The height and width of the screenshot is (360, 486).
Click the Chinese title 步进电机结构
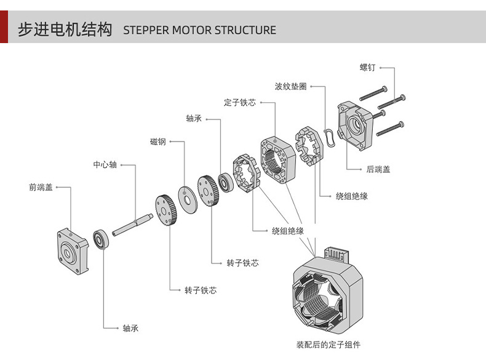[65, 29]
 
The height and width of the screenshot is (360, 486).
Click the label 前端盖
[41, 187]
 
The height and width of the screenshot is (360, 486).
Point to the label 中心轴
[105, 165]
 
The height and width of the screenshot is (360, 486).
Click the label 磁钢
[158, 142]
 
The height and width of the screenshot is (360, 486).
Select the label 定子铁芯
[240, 103]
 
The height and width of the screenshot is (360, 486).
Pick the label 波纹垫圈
[290, 87]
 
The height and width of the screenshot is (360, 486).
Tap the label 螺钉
[367, 67]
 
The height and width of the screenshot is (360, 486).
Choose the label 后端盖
[378, 169]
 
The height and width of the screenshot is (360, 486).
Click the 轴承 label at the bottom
[130, 328]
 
